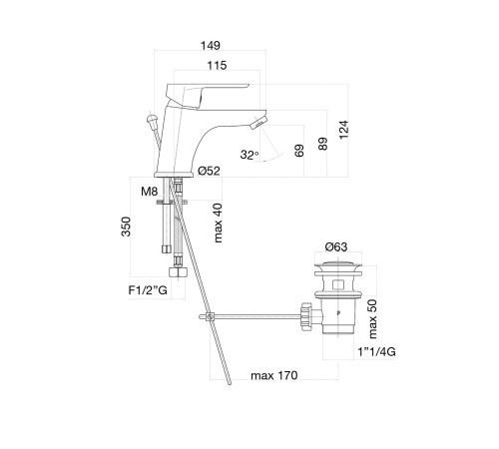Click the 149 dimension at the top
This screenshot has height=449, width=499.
point(211,45)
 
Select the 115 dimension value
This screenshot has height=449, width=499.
point(217,65)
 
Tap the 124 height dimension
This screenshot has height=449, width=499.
point(344,130)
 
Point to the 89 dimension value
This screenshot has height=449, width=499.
point(322,144)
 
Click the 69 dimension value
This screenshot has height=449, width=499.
point(299,151)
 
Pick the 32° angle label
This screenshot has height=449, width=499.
point(249,155)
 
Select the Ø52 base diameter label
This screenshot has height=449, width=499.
point(209,171)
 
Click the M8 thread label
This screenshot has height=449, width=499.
point(149,192)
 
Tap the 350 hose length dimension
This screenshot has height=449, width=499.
point(126,226)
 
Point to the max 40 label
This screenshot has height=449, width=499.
point(218,223)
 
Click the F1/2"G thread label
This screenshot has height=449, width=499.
point(148,290)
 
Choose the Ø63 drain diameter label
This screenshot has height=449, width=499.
point(336,246)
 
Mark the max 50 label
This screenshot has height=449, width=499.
point(372,319)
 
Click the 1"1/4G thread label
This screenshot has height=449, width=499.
point(376,351)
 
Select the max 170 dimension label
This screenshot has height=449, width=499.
point(274,375)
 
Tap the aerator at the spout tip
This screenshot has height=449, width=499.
point(258,123)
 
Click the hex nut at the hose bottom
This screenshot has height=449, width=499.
point(178,271)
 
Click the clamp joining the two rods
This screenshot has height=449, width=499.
point(210,317)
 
